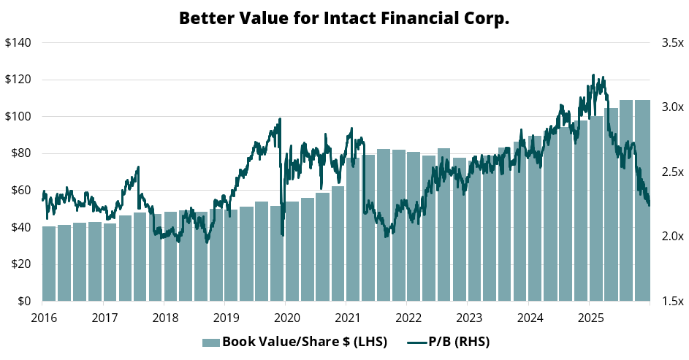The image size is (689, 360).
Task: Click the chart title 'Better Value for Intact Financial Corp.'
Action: (x=344, y=18)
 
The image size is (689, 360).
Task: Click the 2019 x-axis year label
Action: (x=226, y=318)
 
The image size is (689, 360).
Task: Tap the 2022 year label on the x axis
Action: (x=408, y=318)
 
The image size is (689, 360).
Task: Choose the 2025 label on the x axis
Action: (x=590, y=318)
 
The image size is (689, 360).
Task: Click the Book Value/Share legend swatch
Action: (x=210, y=342)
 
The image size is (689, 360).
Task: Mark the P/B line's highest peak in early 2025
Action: (x=593, y=75)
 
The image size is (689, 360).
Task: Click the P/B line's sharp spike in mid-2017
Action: (x=138, y=167)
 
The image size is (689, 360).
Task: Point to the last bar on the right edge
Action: (x=642, y=201)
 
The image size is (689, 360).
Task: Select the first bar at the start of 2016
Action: (x=49, y=264)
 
